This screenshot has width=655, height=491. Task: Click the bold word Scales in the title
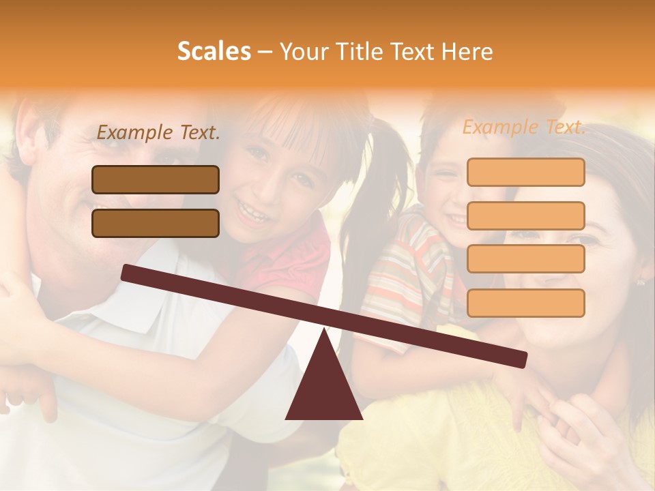point(214,51)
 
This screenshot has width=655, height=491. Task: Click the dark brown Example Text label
point(158,133)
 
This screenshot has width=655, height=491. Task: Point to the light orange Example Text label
point(524,127)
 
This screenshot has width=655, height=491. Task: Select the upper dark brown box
point(156,179)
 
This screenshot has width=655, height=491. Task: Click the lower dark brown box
point(156,223)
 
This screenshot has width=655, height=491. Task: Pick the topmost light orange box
point(525,172)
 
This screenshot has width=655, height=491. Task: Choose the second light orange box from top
point(525,215)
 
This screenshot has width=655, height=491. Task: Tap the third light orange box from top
point(525,258)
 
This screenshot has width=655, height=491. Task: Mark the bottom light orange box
point(525,303)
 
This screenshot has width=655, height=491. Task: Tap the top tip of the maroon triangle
point(324,330)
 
